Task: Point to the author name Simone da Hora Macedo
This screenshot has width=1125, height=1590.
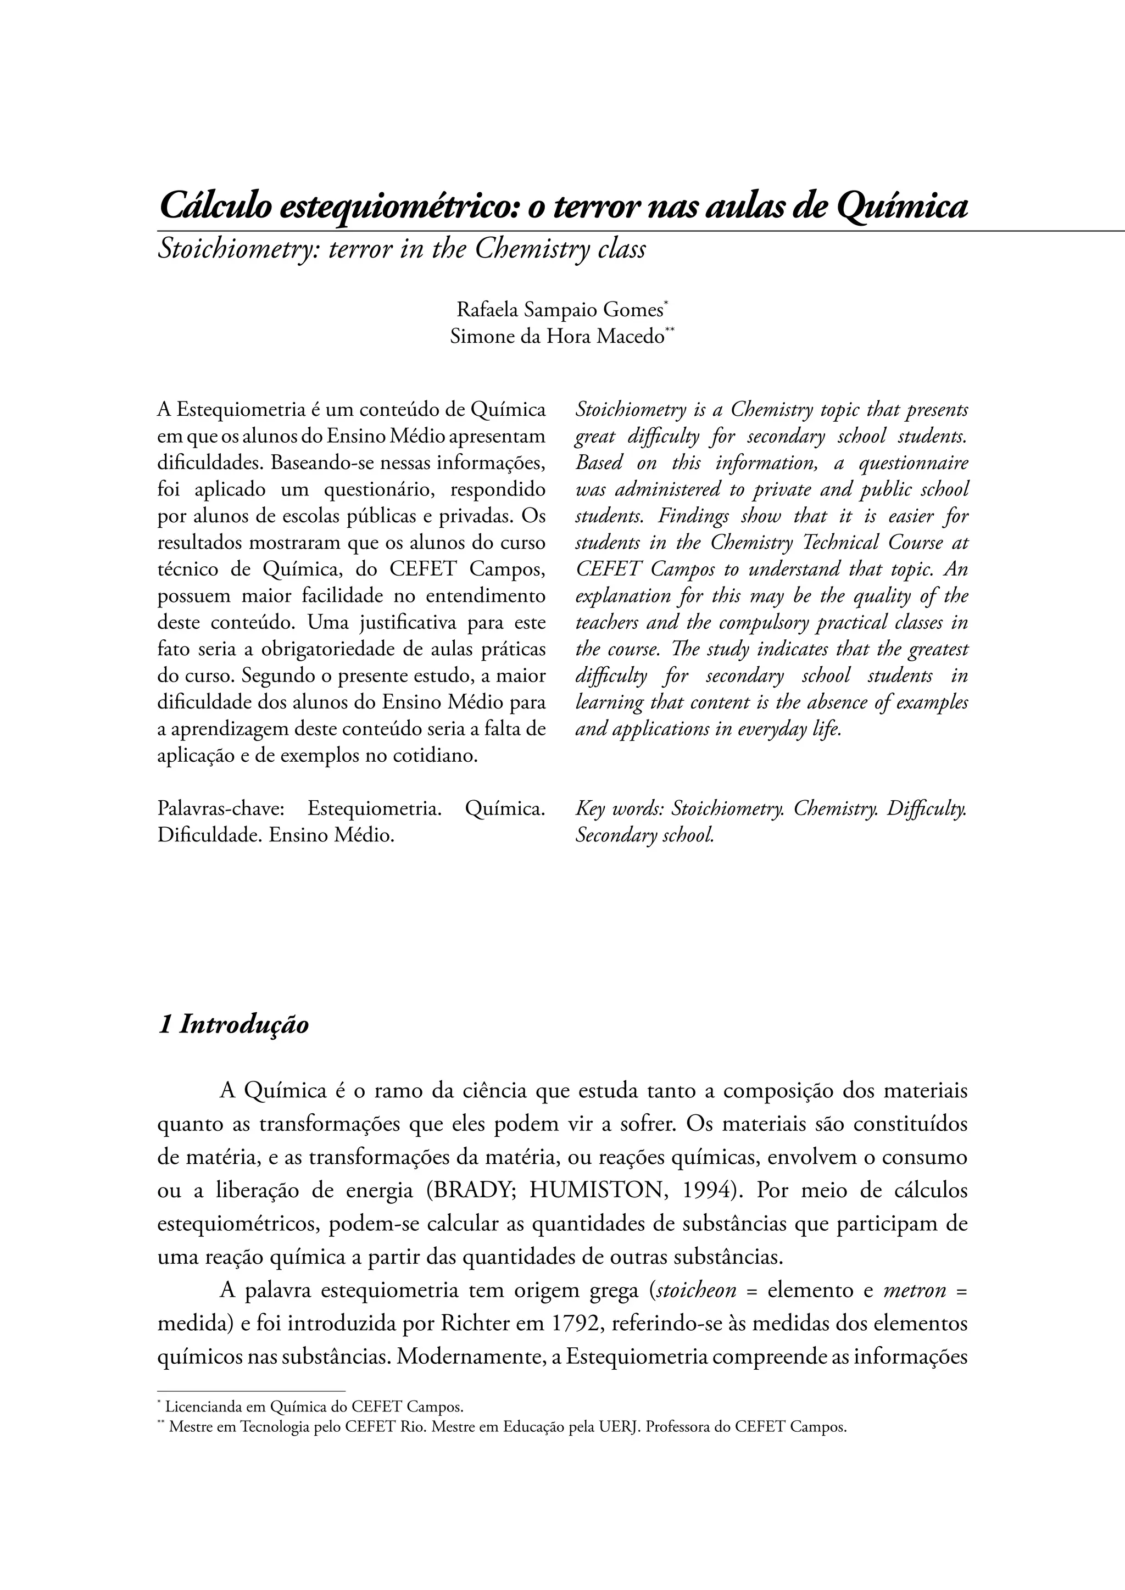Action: tap(557, 337)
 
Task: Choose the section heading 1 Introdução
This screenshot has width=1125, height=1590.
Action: tap(233, 1024)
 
